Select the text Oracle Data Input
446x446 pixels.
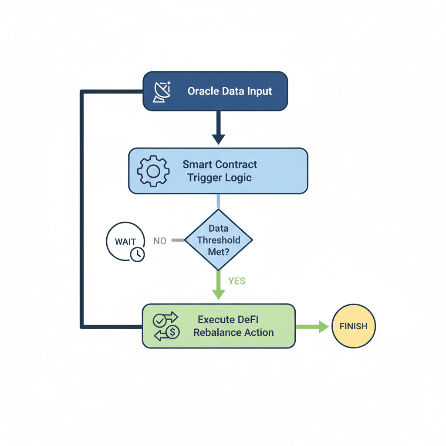[x=230, y=91]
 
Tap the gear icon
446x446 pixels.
[x=153, y=171]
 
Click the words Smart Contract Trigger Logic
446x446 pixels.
[x=220, y=171]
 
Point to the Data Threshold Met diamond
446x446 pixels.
[x=218, y=240]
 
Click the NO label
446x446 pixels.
[x=160, y=241]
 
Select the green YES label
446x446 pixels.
[x=237, y=281]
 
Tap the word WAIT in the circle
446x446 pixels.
[x=125, y=242]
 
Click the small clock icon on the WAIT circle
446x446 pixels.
[x=137, y=254]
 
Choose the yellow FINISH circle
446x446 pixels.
[x=353, y=326]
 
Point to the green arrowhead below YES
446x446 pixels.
[x=218, y=294]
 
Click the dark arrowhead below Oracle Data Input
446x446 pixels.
[x=218, y=139]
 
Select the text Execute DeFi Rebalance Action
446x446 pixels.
[x=233, y=326]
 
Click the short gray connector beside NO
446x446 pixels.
[x=178, y=240]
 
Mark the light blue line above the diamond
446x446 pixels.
[x=218, y=201]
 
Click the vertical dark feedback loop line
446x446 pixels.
[x=81, y=209]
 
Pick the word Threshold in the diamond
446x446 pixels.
[x=218, y=240]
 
